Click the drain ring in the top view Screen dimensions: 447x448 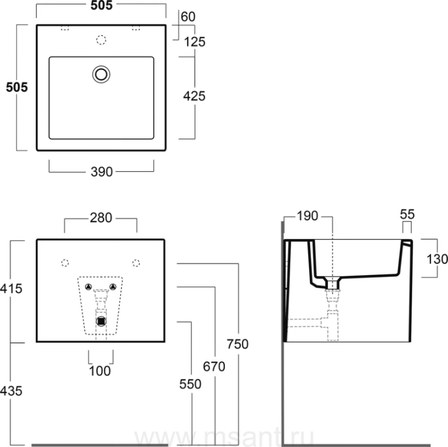(101, 74)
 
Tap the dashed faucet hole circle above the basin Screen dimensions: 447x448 (101, 40)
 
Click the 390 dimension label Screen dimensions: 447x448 (102, 172)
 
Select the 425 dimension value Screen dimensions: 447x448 (194, 96)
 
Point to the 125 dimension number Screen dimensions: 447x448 (194, 42)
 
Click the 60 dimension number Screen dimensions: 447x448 (188, 16)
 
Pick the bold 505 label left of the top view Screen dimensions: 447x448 (16, 87)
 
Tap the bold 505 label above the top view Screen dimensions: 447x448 (101, 6)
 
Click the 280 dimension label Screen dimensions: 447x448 (101, 218)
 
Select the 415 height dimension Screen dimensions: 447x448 (11, 288)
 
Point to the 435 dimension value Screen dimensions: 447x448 (11, 391)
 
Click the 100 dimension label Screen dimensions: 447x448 (100, 371)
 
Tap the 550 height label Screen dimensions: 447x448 (191, 384)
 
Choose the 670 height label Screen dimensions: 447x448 (214, 366)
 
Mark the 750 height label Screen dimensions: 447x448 (237, 343)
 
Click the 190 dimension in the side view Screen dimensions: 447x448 (307, 217)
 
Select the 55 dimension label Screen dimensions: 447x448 (407, 214)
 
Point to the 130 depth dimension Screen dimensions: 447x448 (438, 258)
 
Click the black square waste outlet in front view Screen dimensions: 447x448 (102, 321)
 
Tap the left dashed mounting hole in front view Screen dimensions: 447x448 (64, 262)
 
